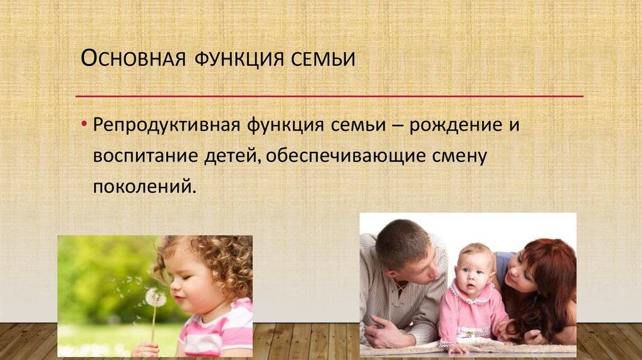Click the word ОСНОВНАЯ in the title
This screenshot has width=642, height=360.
coord(134,58)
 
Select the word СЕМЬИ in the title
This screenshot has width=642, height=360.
coord(323,59)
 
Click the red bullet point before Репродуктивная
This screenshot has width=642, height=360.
coord(84,124)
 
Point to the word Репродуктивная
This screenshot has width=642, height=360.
coord(166,125)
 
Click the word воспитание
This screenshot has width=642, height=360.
coord(145,156)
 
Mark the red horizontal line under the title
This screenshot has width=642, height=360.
coord(330,97)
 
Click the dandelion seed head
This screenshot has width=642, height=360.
coord(155,297)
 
